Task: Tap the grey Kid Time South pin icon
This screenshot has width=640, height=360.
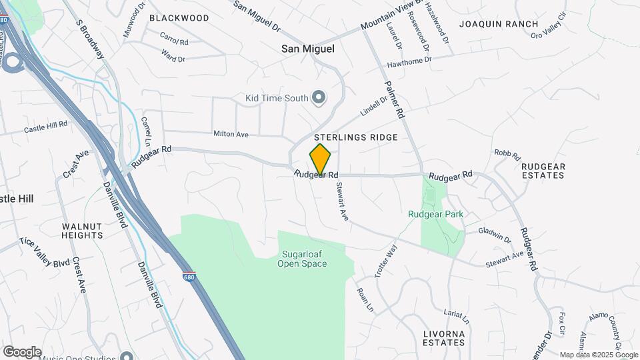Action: click(319, 98)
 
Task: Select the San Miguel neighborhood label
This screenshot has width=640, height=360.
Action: click(307, 49)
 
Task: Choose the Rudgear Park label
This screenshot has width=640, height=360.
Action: click(435, 215)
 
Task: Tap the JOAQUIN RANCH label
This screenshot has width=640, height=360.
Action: click(499, 24)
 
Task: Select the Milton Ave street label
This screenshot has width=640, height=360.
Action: click(231, 135)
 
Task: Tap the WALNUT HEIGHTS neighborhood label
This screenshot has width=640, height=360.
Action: click(83, 231)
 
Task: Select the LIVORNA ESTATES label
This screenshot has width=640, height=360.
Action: click(444, 337)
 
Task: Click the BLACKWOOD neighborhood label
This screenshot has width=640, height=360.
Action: click(179, 18)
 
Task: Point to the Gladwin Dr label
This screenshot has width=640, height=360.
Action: click(494, 235)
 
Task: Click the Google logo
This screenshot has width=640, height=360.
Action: click(22, 352)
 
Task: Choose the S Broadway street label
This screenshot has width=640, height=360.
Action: click(91, 39)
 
